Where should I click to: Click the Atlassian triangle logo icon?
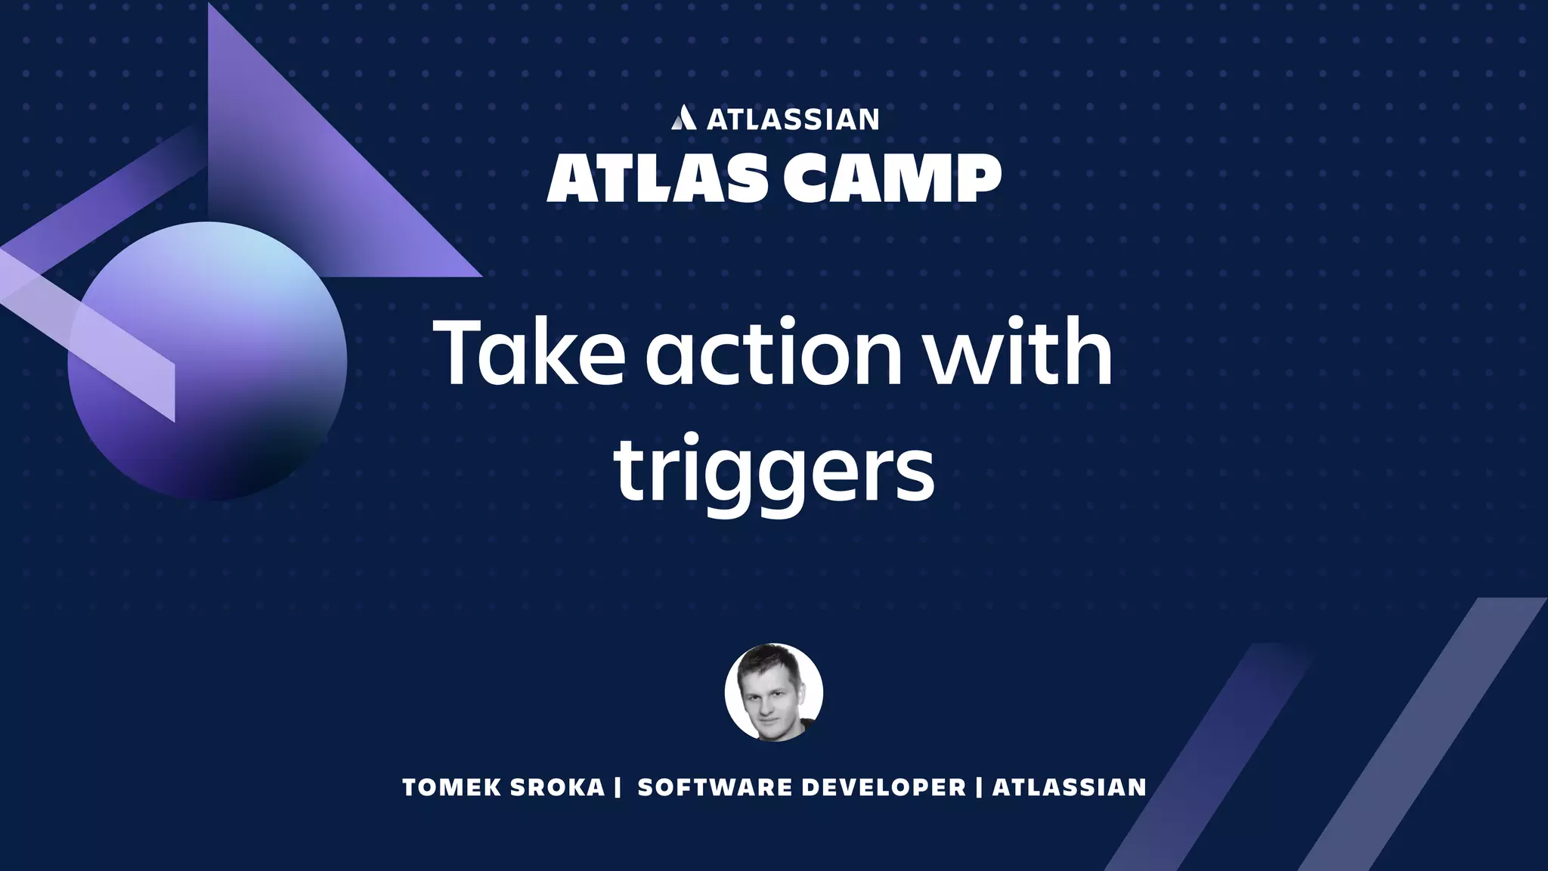pyautogui.click(x=683, y=118)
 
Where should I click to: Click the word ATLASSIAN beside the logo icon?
pyautogui.click(x=792, y=119)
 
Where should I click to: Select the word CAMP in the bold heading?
pyautogui.click(x=892, y=178)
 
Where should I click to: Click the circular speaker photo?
pyautogui.click(x=773, y=693)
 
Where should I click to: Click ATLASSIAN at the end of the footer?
pyautogui.click(x=1069, y=788)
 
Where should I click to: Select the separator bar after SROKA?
pyautogui.click(x=618, y=788)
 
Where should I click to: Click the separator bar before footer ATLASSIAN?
pyautogui.click(x=980, y=788)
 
